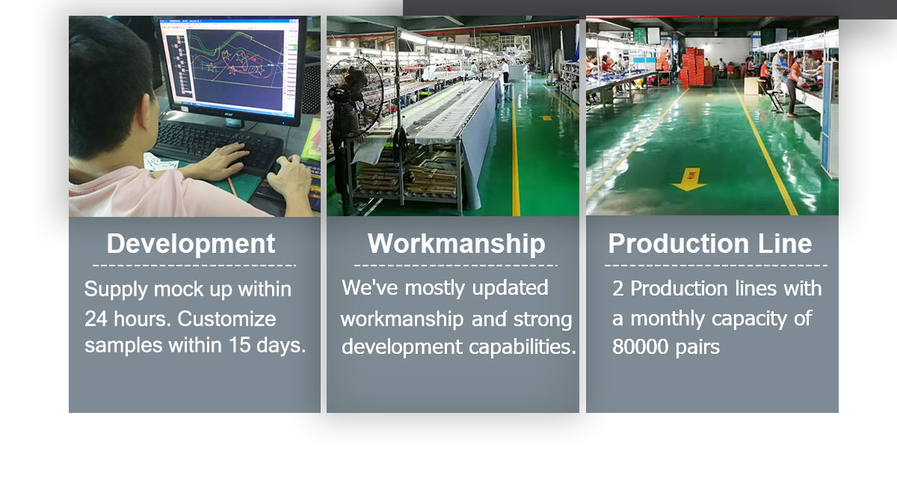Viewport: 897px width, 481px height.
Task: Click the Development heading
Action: tap(191, 244)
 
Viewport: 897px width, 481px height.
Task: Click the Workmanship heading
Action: tap(457, 244)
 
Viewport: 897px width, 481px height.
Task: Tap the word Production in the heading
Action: tap(679, 243)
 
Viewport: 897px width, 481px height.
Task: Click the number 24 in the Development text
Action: tap(96, 319)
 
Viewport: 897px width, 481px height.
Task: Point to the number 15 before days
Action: tap(239, 345)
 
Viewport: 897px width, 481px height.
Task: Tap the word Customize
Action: tap(226, 319)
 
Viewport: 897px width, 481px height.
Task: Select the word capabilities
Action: tap(523, 347)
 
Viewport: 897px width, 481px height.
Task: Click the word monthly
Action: tap(668, 319)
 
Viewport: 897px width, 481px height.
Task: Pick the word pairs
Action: tap(697, 348)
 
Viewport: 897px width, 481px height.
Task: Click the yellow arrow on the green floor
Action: tap(689, 180)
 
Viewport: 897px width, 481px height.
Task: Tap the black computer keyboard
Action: tap(216, 147)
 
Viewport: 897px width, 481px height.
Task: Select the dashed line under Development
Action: tap(194, 266)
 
